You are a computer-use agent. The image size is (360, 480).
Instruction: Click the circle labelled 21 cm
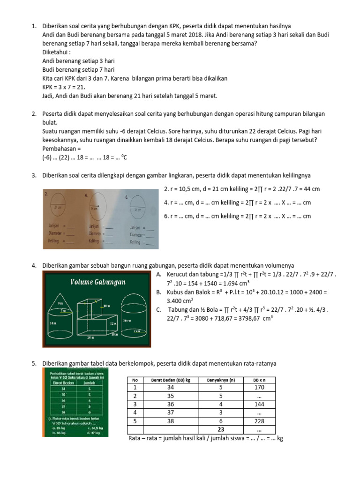59,207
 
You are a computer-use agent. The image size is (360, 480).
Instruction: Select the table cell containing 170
258,388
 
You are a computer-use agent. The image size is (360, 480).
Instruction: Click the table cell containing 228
258,421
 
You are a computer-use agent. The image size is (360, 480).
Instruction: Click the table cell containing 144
258,405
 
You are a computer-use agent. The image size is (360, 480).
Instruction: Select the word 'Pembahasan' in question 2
60,148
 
